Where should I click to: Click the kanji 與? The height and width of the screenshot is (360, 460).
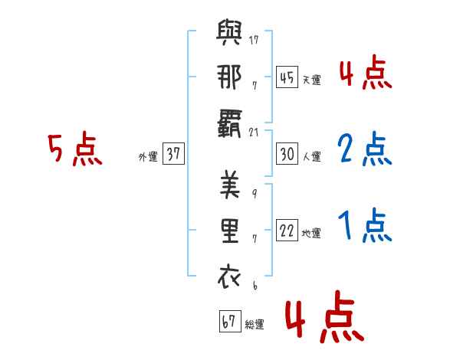point(229,32)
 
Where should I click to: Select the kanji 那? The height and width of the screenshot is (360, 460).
point(229,77)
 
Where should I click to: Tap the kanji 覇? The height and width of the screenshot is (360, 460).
point(229,124)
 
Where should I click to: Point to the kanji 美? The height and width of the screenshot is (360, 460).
point(230,185)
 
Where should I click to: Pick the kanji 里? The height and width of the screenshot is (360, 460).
point(230,231)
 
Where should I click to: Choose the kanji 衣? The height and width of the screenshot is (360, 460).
point(229,277)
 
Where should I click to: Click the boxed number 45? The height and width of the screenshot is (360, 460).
point(287,77)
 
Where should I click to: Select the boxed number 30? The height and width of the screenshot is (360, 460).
point(287,154)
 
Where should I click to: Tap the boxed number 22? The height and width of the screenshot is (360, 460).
point(287,230)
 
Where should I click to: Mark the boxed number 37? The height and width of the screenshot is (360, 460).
point(173,153)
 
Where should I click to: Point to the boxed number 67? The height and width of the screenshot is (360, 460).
point(230,321)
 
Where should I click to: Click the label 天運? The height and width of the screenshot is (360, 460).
point(312,80)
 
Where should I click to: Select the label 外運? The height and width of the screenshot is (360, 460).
point(148,156)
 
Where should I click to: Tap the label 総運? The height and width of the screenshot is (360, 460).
point(255,324)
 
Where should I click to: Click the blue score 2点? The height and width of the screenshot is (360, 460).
point(364,149)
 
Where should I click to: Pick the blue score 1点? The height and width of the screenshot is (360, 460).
point(365,225)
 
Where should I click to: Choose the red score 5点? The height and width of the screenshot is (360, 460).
point(75,149)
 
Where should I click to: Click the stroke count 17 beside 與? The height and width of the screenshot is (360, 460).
point(254,40)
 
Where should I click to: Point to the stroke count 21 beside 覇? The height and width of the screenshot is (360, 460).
point(254,133)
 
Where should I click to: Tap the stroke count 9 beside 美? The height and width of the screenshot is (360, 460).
point(255,194)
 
